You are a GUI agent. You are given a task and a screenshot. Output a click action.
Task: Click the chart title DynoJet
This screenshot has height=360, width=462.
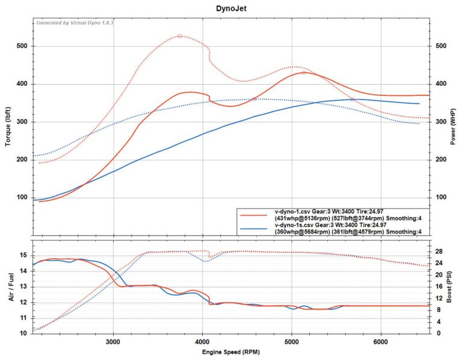[232, 9]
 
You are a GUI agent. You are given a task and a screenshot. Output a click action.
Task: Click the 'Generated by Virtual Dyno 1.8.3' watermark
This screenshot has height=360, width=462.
[75, 23]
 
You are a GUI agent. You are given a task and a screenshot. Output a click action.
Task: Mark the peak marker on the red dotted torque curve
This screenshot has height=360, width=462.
[179, 36]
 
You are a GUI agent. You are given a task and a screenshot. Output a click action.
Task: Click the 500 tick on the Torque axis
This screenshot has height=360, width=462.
[22, 46]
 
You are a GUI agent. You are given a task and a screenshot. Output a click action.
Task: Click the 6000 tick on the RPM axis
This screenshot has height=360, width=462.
[380, 341]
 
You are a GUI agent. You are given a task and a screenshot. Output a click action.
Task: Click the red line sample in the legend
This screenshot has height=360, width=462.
[253, 214]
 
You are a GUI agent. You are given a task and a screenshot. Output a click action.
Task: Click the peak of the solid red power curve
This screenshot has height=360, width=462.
[306, 73]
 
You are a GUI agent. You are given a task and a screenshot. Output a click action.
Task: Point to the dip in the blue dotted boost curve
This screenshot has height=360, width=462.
[205, 261]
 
